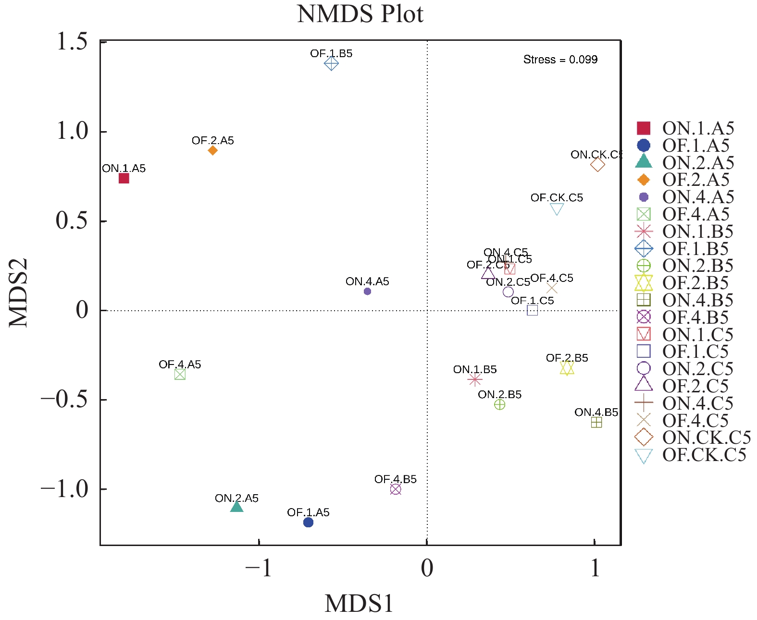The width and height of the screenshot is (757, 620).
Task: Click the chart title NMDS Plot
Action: click(x=360, y=14)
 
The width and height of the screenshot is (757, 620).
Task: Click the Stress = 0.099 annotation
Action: click(x=560, y=60)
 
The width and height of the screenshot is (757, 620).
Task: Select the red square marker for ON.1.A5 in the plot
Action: click(x=124, y=178)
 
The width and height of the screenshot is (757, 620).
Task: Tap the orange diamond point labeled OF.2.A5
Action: click(x=213, y=150)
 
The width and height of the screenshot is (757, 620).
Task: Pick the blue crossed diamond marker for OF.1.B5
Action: click(x=331, y=63)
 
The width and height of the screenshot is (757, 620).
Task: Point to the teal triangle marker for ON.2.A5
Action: click(x=236, y=506)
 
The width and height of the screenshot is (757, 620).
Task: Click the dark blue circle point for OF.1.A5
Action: click(x=309, y=522)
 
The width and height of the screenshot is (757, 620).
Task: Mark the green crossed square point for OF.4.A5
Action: click(x=180, y=374)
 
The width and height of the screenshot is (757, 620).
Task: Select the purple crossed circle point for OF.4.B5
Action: click(x=396, y=489)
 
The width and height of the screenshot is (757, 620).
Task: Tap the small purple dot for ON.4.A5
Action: click(x=367, y=291)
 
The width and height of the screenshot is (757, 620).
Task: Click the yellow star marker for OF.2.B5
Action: click(x=567, y=368)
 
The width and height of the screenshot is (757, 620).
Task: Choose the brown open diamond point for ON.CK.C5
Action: click(x=597, y=164)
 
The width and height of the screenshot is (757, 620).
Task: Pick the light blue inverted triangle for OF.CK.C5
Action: click(x=557, y=209)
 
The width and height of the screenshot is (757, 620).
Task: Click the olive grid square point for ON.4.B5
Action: click(x=596, y=422)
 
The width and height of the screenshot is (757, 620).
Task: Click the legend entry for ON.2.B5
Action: click(x=684, y=266)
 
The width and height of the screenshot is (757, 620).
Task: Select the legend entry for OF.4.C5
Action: click(x=684, y=420)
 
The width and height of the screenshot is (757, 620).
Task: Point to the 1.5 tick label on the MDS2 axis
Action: click(x=72, y=42)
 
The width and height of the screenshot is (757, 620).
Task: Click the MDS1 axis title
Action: click(x=359, y=604)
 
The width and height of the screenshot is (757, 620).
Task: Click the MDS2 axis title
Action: click(x=19, y=293)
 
